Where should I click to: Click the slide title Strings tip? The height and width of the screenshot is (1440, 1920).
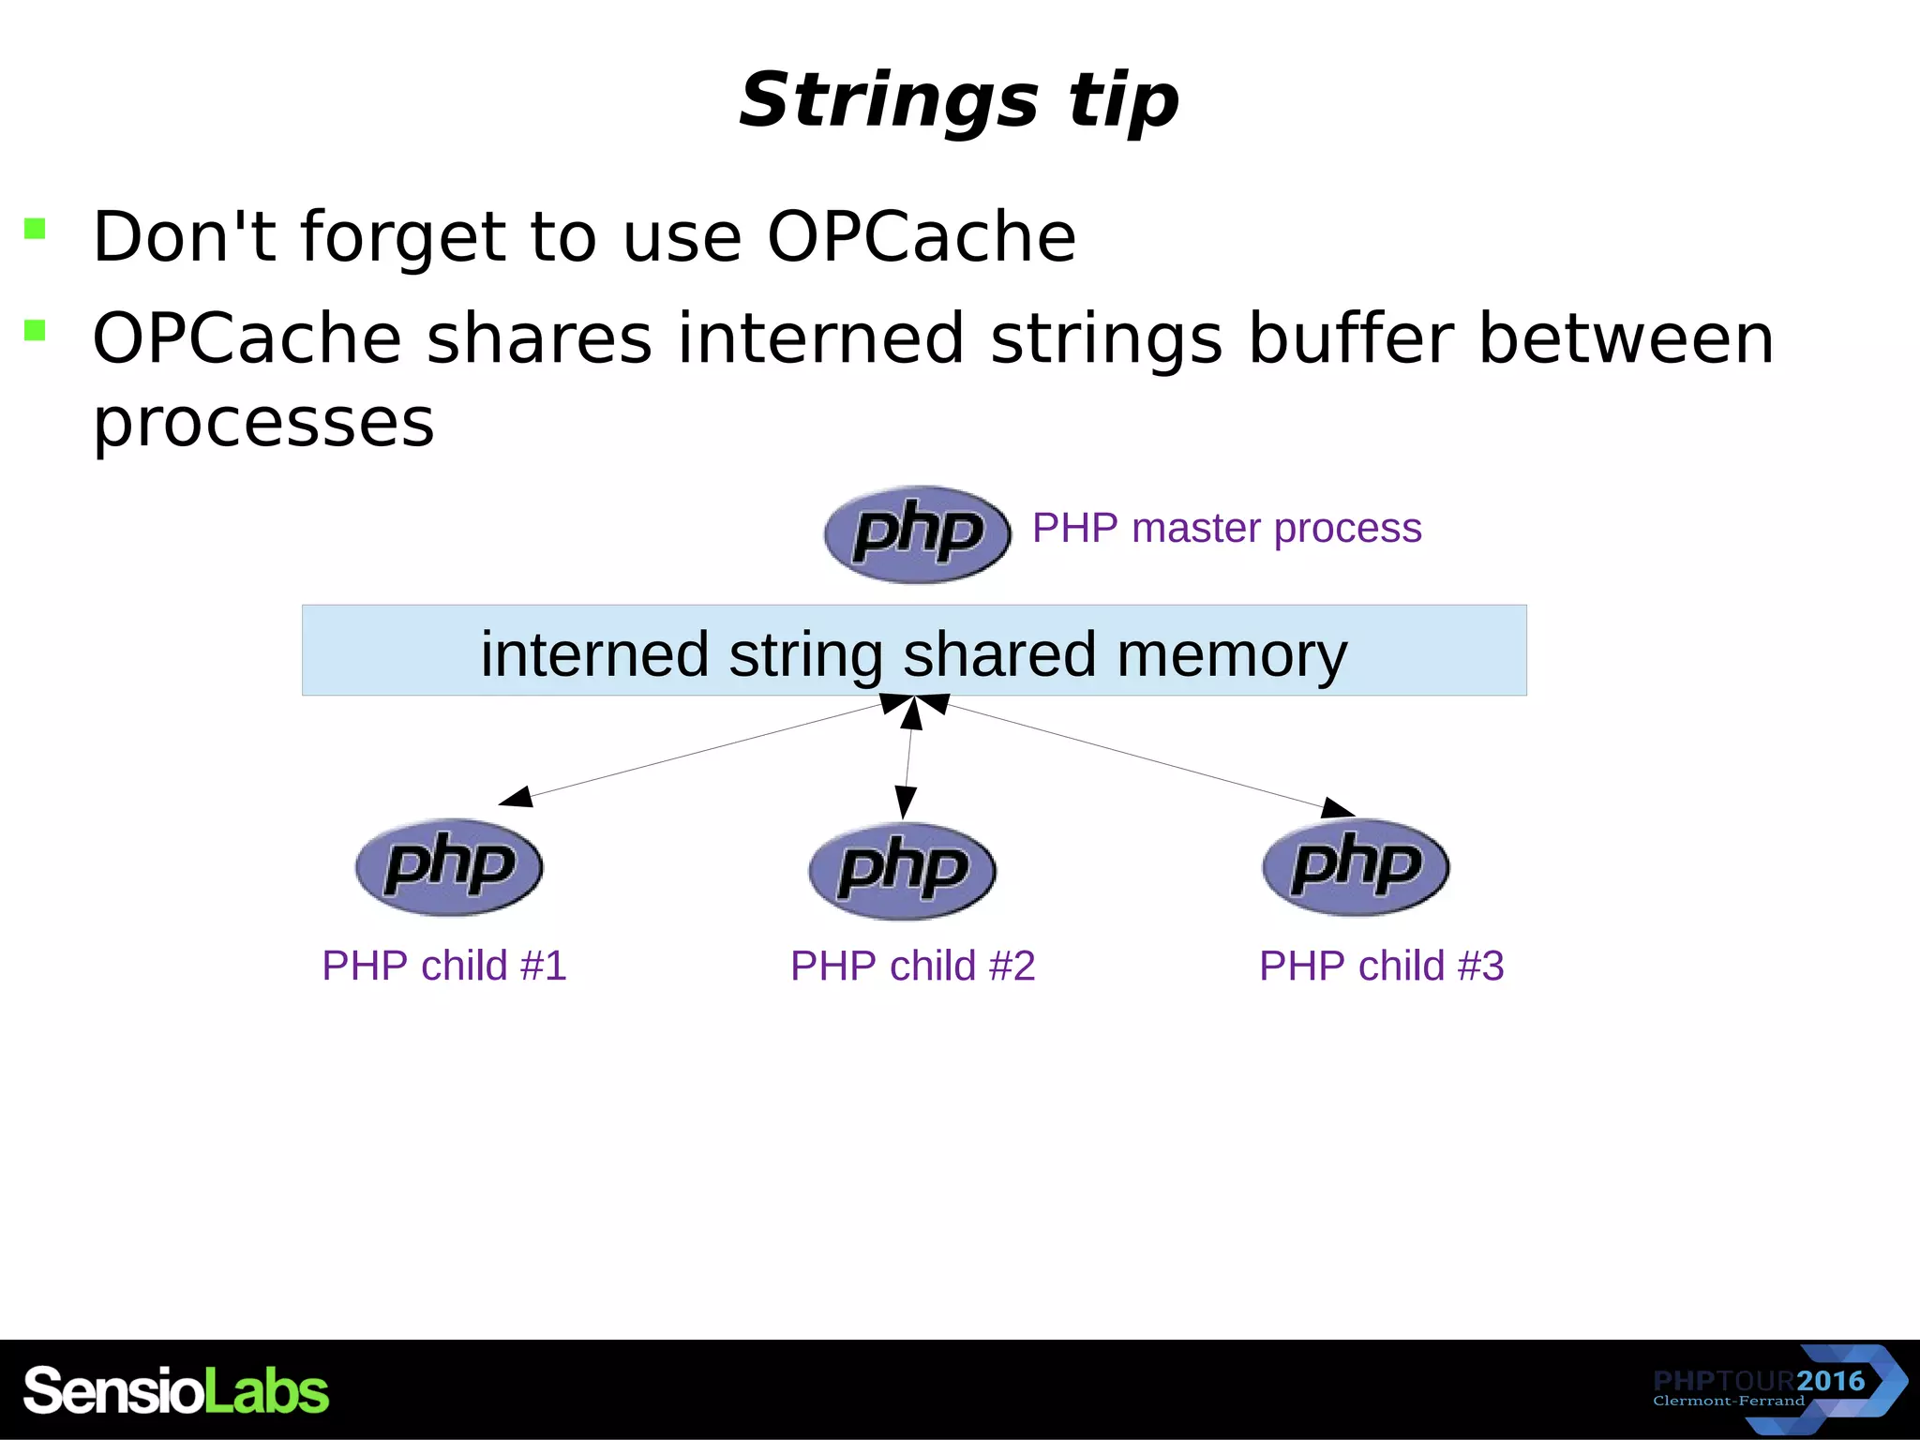[958, 100]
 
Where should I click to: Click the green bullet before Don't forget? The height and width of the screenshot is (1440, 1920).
[35, 228]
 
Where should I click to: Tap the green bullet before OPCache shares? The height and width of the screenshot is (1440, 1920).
[35, 330]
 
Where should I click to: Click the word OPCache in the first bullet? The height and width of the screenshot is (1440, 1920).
[922, 236]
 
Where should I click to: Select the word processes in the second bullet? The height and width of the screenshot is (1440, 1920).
[263, 422]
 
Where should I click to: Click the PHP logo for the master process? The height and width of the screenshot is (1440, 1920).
[917, 534]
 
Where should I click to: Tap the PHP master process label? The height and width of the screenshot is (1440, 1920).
[1226, 528]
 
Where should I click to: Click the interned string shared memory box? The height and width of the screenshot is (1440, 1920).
[914, 651]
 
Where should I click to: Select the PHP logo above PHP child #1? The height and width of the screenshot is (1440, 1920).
[449, 866]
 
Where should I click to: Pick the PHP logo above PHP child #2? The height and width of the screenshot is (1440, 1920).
[902, 870]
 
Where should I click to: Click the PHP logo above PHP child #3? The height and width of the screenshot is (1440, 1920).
[1356, 866]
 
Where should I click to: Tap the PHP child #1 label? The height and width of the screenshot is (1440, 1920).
[444, 966]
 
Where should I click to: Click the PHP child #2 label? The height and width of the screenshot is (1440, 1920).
[912, 966]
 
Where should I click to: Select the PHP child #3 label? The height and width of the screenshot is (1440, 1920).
[1381, 966]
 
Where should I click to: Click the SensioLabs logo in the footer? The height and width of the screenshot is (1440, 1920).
[176, 1390]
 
